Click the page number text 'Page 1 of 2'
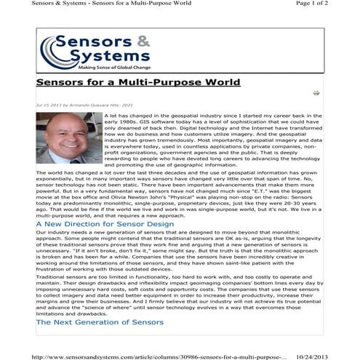tap(330, 5)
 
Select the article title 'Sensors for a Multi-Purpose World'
tap(128, 83)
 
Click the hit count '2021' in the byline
tap(128, 105)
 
